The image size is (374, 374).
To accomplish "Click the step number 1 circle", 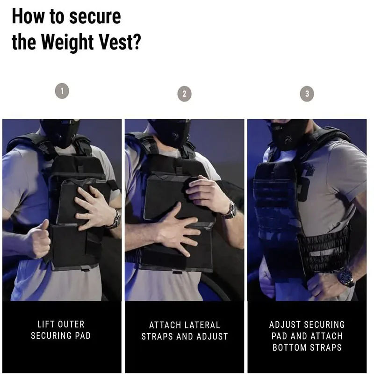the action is pos(62,91).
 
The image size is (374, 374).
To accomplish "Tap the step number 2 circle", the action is pos(184,94).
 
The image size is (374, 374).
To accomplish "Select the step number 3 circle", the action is pos(307,94).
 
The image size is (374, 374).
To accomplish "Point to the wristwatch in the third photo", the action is pos(345,277).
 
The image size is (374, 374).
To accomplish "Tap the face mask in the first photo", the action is pos(60,133).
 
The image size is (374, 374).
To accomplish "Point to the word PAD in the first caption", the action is pos(83,336).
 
